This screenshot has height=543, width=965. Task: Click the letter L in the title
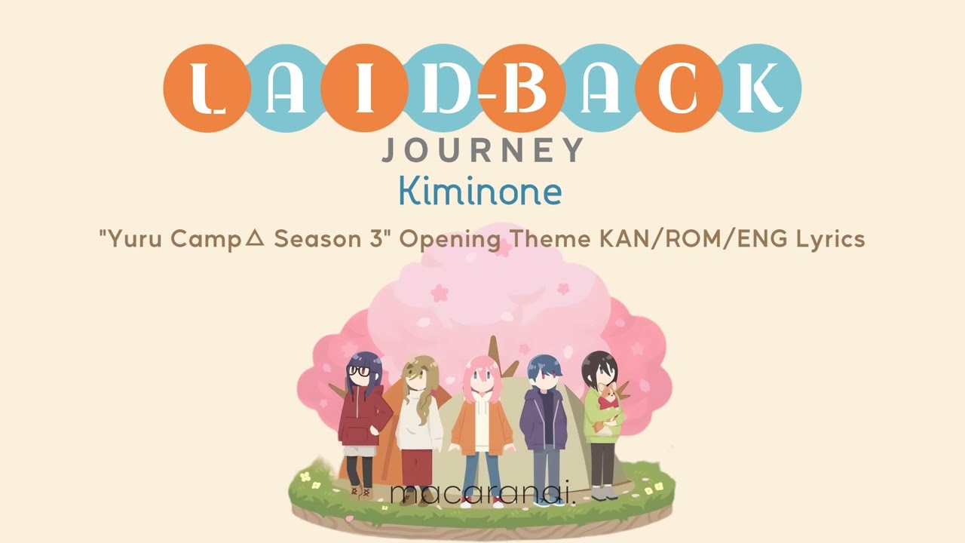point(207,88)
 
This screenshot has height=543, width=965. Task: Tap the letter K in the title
point(761,87)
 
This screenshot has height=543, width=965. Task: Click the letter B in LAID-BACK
point(521,87)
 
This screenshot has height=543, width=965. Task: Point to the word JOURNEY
point(482,150)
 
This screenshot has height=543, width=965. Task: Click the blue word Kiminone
point(480,191)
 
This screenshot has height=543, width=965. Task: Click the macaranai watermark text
point(482,494)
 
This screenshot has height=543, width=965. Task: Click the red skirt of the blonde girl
point(417,467)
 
